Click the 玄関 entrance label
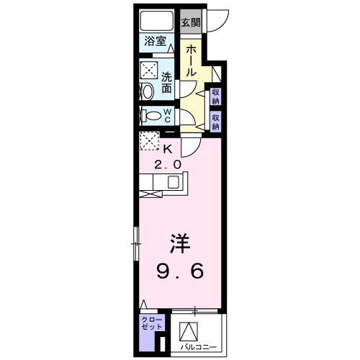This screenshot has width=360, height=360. point(190,22)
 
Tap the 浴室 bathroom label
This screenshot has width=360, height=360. point(155,41)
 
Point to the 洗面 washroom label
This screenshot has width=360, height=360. point(166,83)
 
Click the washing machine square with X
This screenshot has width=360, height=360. point(149,71)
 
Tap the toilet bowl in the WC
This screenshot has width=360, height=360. point(150,116)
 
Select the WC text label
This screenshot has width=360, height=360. point(166,116)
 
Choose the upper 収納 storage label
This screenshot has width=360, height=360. point(215,95)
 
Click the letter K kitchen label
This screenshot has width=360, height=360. point(168,150)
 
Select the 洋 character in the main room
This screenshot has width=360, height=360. point(180,243)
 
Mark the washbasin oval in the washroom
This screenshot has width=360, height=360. point(148,91)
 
